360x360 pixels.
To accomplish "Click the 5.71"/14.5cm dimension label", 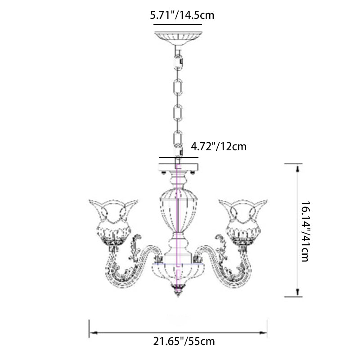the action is (x=182, y=15).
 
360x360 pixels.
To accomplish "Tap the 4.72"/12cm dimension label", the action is (x=219, y=147).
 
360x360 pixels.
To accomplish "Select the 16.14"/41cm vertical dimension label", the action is (x=306, y=231).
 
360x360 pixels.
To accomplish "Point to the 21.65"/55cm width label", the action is (x=184, y=342).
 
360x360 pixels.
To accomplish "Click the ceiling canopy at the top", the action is (x=178, y=38).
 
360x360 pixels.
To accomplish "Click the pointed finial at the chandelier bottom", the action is (x=178, y=290).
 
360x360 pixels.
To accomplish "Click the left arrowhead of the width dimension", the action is (x=93, y=333).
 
